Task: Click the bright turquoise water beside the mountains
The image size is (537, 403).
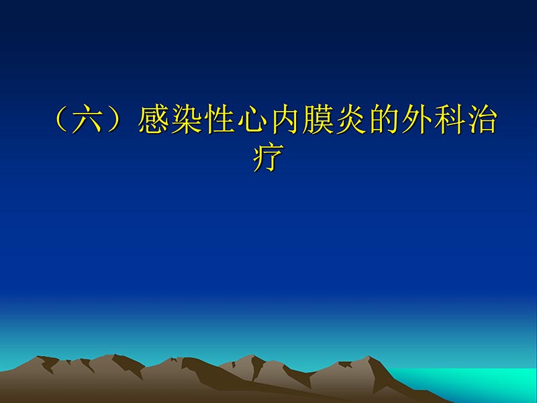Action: coord(483,383)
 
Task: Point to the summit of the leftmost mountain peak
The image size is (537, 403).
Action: coord(42,357)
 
